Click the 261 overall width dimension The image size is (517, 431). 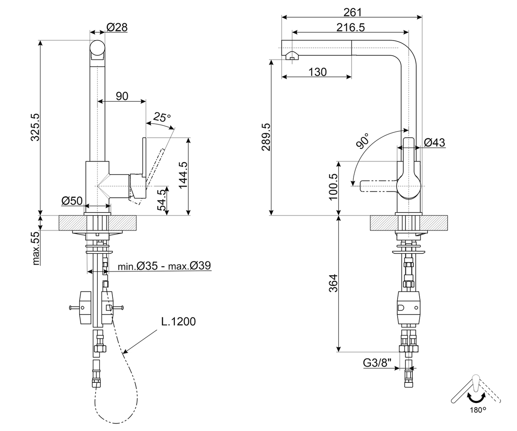(x=352, y=12)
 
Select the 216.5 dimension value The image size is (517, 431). (x=351, y=28)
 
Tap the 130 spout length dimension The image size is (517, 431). (x=318, y=72)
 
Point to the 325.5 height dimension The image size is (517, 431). (x=35, y=127)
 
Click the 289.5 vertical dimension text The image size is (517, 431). (x=266, y=137)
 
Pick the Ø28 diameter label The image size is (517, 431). (x=117, y=27)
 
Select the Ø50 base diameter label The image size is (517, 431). (x=72, y=201)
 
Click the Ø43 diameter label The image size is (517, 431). (x=434, y=142)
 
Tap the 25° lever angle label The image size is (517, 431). (x=162, y=117)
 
